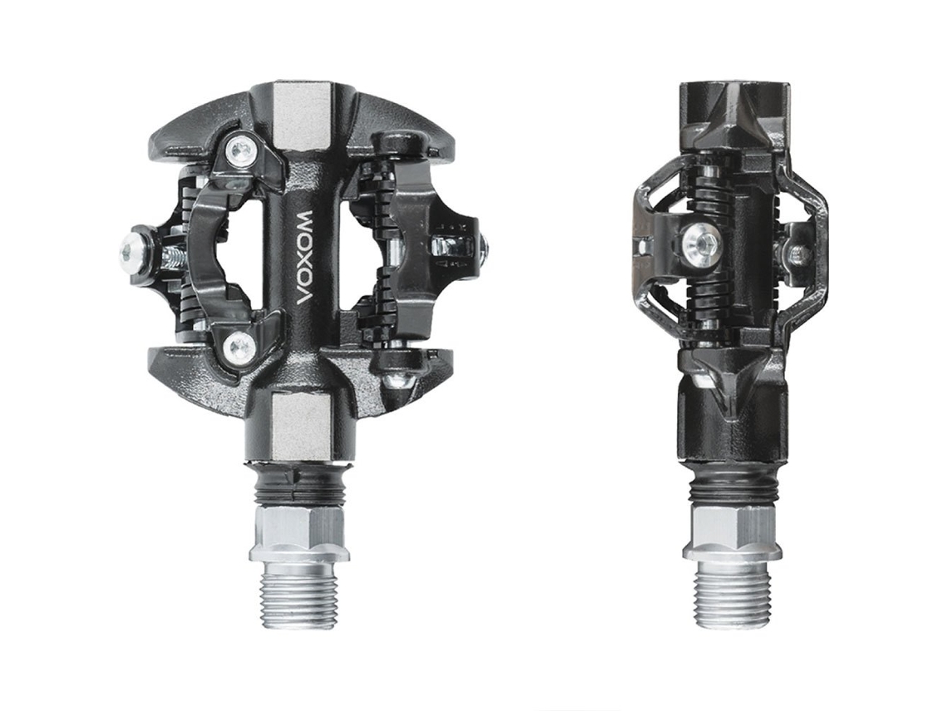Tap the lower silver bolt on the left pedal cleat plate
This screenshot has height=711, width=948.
pyautogui.click(x=238, y=347)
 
